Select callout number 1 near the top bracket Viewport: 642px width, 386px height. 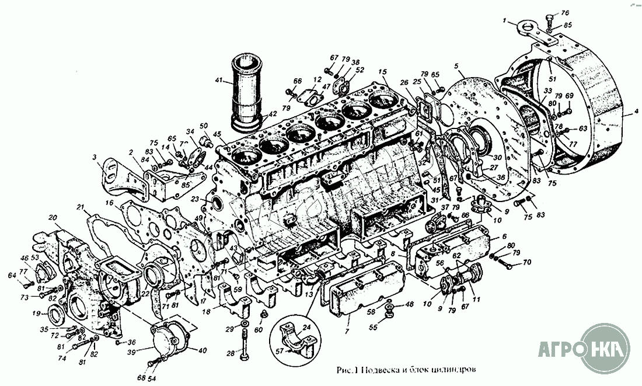coord(504,21)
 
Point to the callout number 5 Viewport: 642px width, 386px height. coord(456,66)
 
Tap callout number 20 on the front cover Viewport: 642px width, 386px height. coord(53,217)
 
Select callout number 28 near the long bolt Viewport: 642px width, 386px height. coord(231,353)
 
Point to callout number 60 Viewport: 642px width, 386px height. coord(259,330)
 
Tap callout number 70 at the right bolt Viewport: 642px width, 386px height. coord(526,262)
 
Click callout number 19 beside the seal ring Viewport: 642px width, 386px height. coord(36,313)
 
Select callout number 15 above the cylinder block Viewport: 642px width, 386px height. coord(382,72)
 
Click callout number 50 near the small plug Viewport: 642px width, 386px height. coord(204,126)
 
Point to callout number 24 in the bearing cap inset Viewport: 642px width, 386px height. coord(306,328)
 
